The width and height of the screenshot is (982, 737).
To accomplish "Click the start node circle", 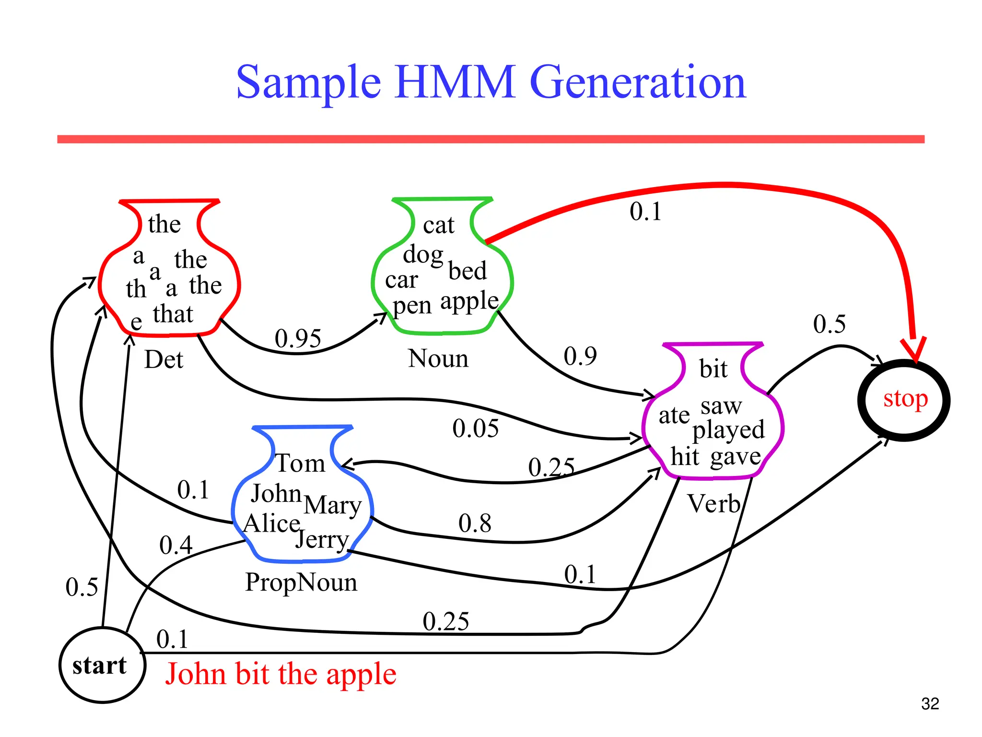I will (x=102, y=665).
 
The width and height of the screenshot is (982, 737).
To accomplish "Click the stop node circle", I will (x=904, y=400).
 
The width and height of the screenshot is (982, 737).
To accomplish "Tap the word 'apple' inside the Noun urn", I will (x=469, y=301).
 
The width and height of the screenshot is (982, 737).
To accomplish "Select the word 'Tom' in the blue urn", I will (x=301, y=464).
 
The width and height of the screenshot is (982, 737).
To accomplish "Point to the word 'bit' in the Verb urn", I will (x=713, y=369).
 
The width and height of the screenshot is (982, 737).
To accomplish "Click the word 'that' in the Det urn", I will (x=173, y=314).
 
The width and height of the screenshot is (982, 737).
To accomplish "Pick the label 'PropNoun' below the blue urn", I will (x=301, y=582).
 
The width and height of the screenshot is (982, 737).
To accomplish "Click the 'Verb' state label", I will (x=714, y=504).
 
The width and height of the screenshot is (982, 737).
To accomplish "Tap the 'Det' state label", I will (x=164, y=359).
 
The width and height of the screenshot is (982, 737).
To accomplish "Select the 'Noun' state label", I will (x=438, y=358).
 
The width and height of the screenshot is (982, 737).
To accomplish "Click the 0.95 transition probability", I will (x=297, y=338).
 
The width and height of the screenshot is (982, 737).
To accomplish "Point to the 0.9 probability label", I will (x=580, y=356).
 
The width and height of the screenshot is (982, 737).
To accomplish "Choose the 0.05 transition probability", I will (x=475, y=428).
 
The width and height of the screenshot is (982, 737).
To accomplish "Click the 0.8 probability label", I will (x=475, y=523).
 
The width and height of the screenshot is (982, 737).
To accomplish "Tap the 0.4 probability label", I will (x=175, y=545).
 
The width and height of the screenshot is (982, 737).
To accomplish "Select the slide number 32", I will (x=930, y=704).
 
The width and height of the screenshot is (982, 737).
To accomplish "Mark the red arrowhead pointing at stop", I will (x=914, y=349).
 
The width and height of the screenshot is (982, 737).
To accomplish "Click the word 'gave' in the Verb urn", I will (x=736, y=456).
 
